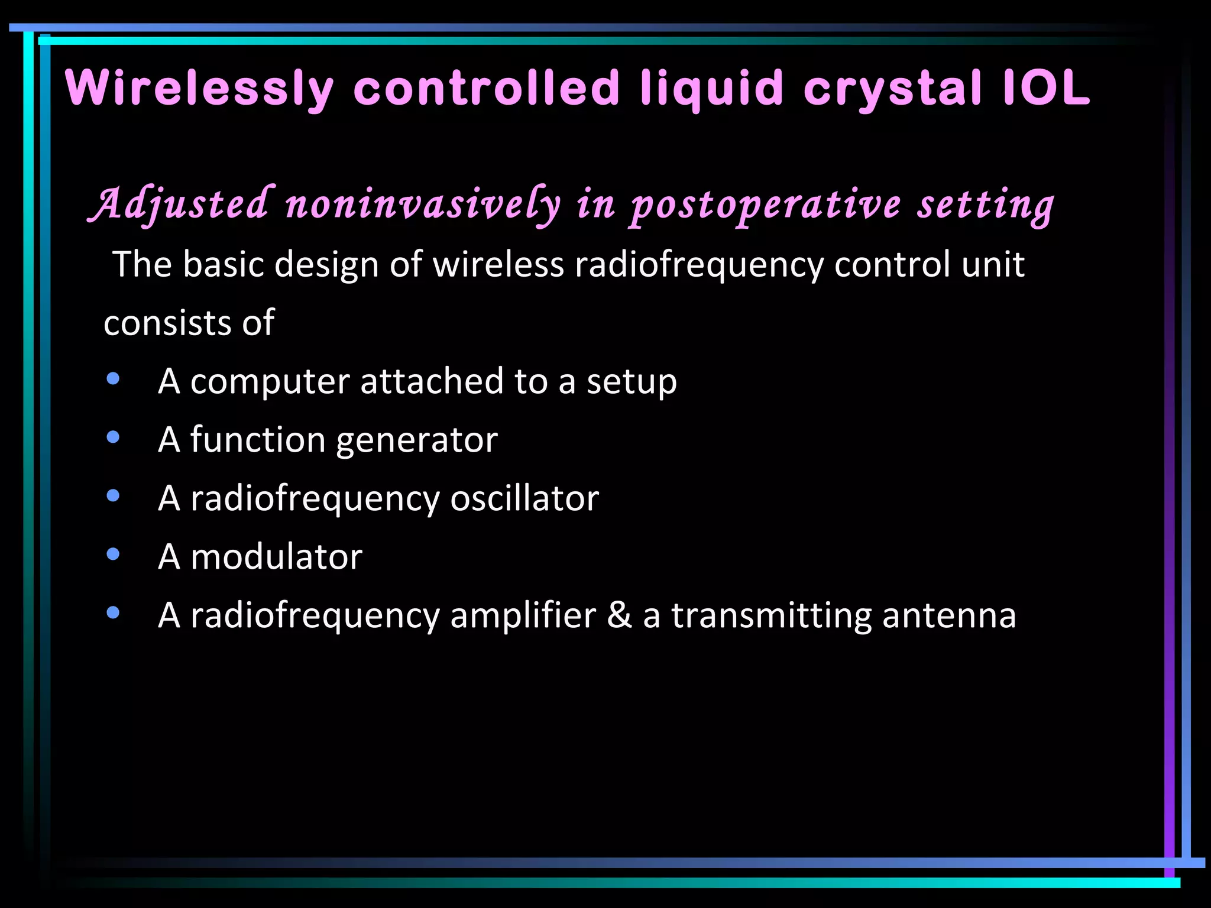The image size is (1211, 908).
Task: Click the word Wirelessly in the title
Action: click(200, 89)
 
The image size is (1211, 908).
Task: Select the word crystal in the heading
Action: click(893, 89)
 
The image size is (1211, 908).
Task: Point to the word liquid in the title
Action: click(711, 89)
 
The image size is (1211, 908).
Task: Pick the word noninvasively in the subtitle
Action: click(422, 204)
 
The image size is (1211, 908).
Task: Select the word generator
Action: click(417, 440)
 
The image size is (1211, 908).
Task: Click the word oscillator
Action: click(524, 498)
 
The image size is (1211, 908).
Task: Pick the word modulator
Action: click(276, 557)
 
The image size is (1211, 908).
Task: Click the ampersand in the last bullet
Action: click(619, 615)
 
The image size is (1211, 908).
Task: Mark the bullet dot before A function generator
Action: click(112, 437)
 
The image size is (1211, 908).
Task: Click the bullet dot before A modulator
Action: click(112, 554)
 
